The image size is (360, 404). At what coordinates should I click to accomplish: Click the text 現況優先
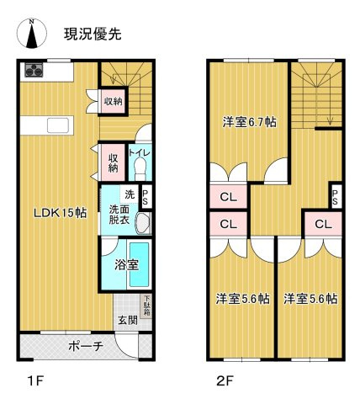tap(93, 35)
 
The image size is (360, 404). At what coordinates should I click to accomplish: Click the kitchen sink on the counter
tap(57, 125)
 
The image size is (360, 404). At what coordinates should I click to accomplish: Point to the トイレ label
tap(140, 154)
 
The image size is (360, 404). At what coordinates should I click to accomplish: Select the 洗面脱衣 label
tap(118, 214)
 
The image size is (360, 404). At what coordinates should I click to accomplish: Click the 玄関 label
tap(127, 320)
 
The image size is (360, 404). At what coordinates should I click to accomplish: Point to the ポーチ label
tap(85, 346)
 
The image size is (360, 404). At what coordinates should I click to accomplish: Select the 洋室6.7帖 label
tap(250, 121)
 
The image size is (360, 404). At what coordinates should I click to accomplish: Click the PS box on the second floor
tap(336, 198)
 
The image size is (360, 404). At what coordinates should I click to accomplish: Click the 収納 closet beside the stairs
tap(113, 101)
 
